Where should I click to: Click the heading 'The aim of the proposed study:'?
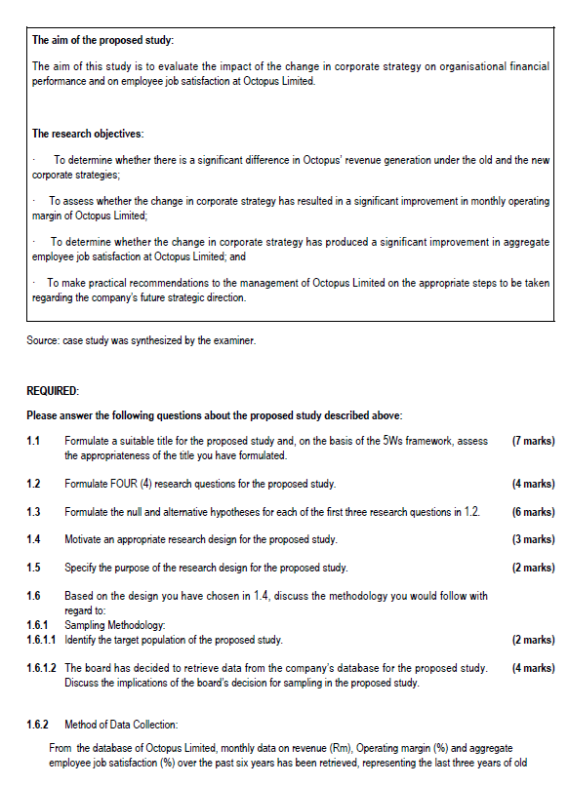(x=102, y=40)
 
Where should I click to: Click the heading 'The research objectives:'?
(x=88, y=134)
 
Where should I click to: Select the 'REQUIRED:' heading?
(x=53, y=391)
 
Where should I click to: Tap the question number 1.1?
(x=34, y=442)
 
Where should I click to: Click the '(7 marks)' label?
(x=533, y=442)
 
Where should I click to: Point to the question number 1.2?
(x=34, y=484)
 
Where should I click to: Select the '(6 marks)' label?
(x=533, y=512)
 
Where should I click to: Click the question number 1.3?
(x=34, y=512)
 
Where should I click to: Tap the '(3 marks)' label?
(x=533, y=539)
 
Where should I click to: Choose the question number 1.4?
(x=34, y=539)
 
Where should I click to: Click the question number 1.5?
(x=34, y=568)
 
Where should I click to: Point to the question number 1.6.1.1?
(x=43, y=640)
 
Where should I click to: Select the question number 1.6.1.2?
(x=43, y=668)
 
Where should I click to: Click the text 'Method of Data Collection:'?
(x=122, y=725)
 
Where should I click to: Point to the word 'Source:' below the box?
(x=42, y=340)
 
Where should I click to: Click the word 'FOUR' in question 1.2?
(x=139, y=484)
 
